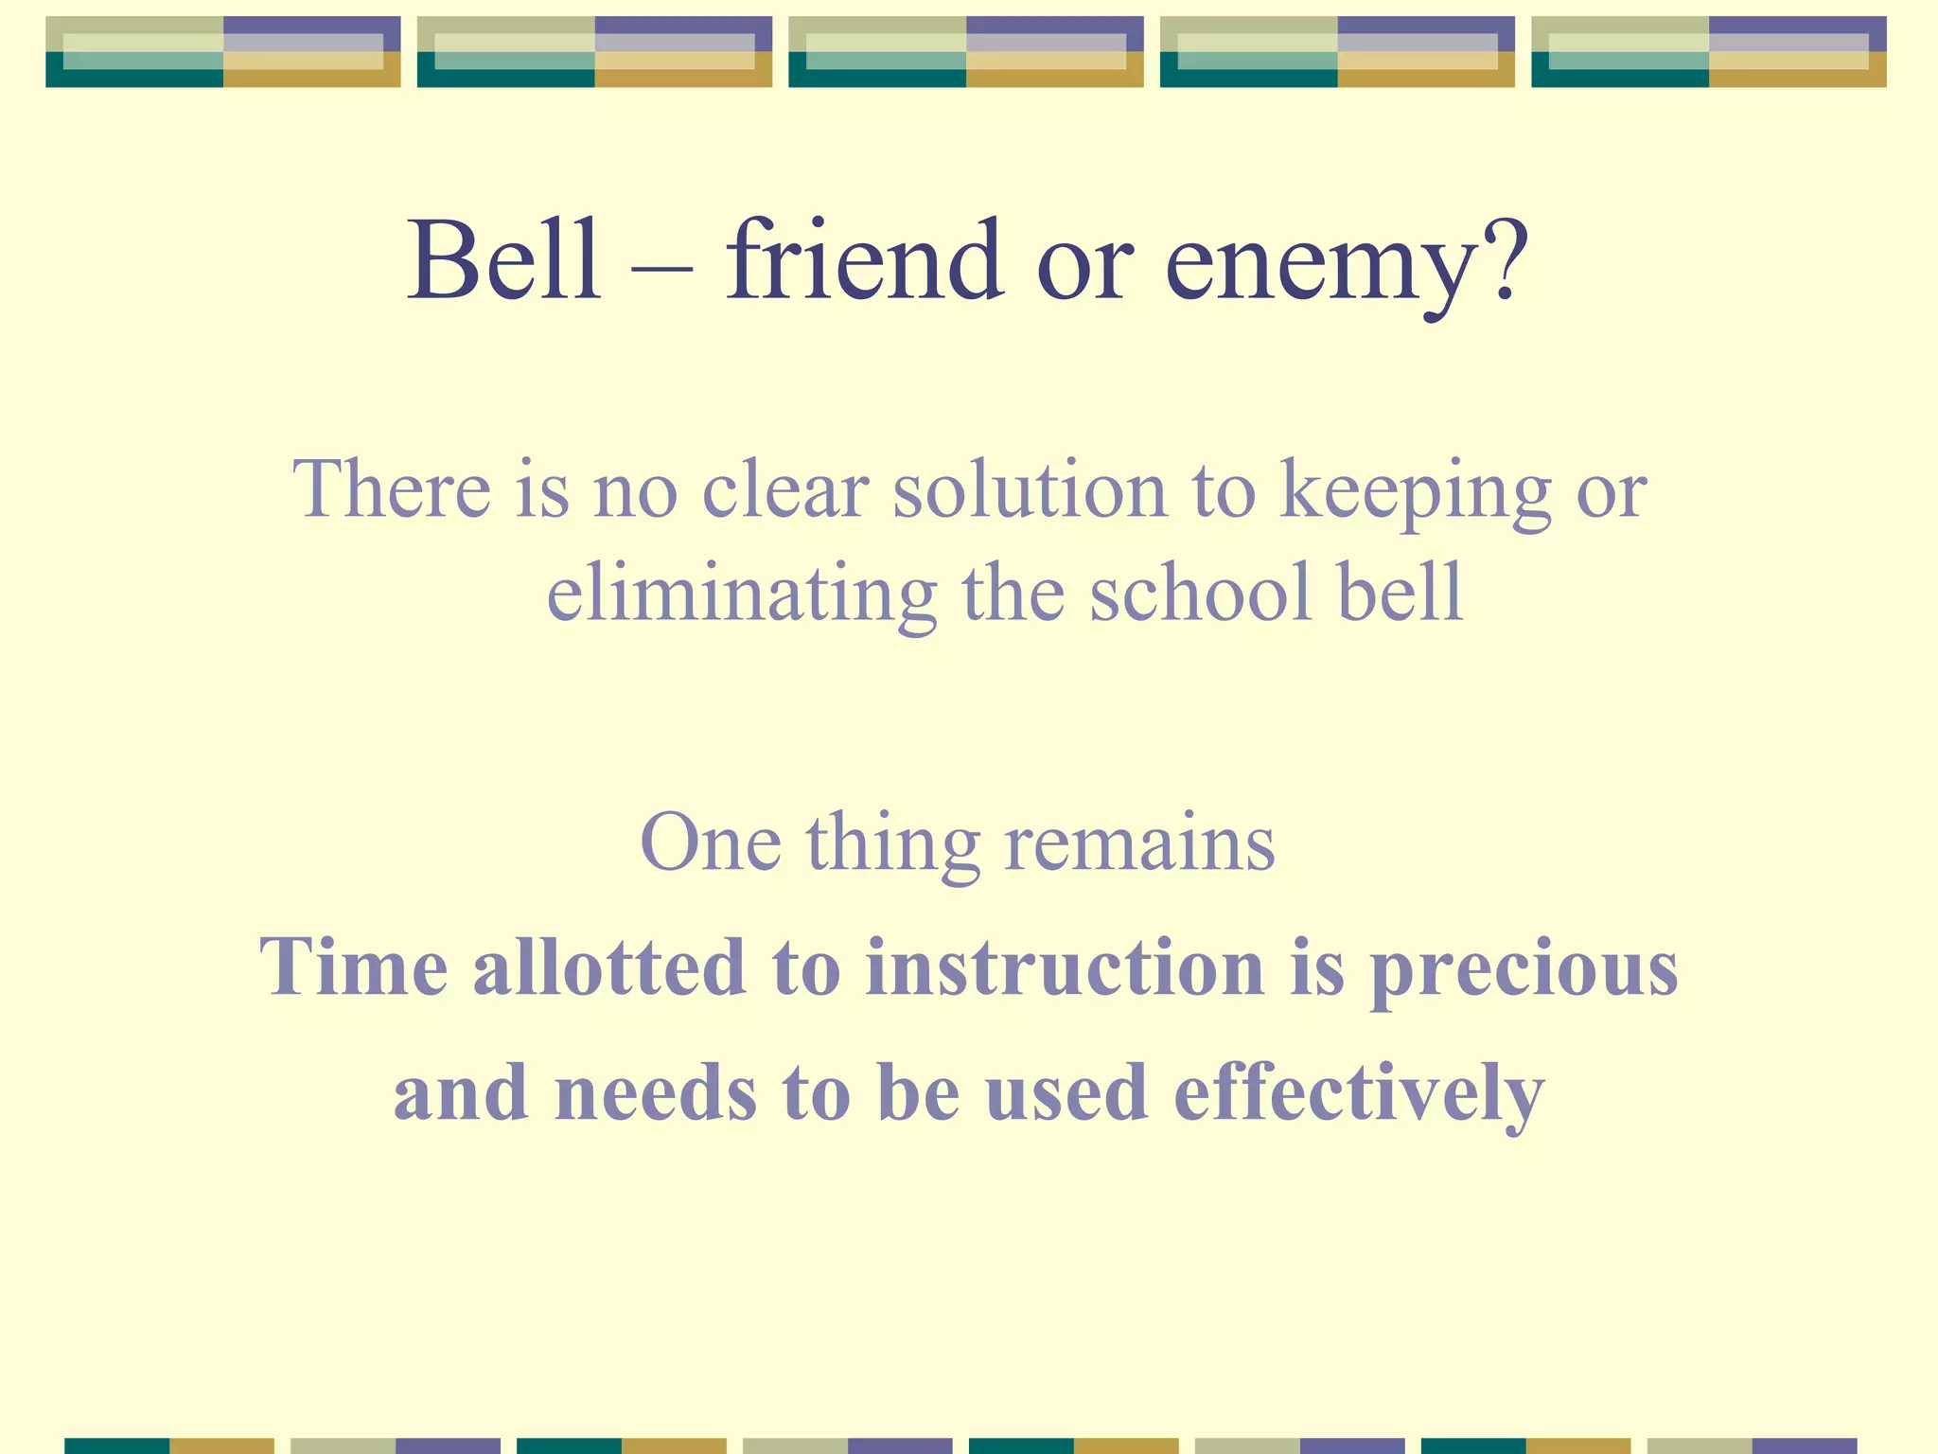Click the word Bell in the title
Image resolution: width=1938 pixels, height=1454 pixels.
(504, 260)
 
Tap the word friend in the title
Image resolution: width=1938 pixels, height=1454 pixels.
(864, 260)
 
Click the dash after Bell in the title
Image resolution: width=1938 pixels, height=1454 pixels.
(662, 268)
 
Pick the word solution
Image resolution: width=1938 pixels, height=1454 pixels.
(1030, 489)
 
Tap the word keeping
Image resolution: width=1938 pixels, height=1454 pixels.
(1415, 494)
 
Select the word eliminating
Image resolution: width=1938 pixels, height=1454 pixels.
(742, 594)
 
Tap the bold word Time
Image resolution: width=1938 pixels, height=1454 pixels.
(354, 966)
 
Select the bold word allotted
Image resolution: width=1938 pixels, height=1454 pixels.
(609, 966)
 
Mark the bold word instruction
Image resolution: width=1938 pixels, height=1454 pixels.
(1065, 966)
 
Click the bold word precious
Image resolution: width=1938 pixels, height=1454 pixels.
(1524, 971)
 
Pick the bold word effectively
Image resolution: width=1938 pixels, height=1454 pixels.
(1359, 1094)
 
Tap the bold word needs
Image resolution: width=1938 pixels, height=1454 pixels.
(656, 1092)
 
